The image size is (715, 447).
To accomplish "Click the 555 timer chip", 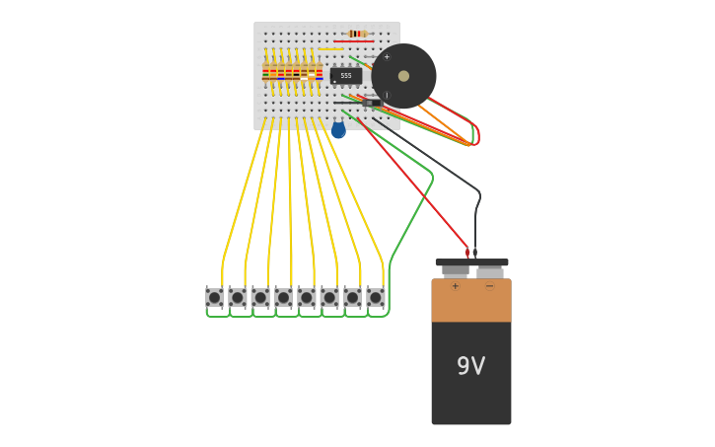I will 346,76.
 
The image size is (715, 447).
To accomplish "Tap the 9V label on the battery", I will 470,366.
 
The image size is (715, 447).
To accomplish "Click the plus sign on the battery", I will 455,287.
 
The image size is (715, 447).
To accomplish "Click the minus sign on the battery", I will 489,287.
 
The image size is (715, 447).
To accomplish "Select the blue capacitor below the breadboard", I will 338,130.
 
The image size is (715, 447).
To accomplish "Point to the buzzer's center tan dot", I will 403,76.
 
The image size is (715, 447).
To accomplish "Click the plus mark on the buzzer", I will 387,56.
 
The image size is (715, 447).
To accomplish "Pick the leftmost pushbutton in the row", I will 214,297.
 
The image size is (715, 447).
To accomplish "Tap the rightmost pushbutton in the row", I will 376,297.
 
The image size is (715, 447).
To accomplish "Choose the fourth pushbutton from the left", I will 283,297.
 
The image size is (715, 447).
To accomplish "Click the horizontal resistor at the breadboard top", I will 357,34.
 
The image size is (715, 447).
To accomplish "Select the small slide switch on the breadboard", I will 372,103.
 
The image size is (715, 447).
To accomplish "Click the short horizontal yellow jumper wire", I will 330,49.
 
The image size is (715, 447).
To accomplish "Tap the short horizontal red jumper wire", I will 352,41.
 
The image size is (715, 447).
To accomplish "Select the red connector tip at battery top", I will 467,252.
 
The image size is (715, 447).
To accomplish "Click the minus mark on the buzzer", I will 387,96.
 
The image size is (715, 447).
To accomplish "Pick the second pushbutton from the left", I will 238,297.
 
